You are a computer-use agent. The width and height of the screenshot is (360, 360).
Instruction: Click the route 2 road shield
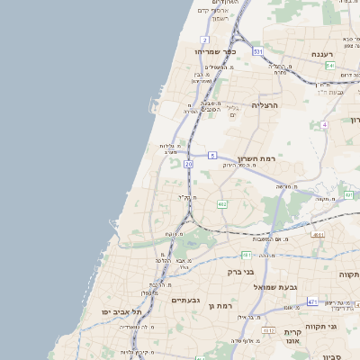coord(205,40)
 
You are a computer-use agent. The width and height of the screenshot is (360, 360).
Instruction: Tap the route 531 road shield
coord(258,51)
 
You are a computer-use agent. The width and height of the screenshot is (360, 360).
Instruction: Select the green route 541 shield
coord(330,66)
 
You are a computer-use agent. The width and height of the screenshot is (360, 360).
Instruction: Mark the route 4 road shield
coord(324,124)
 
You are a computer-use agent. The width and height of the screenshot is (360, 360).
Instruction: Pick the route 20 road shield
coord(188,165)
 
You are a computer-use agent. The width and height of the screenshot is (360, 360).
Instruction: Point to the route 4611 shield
coord(318,235)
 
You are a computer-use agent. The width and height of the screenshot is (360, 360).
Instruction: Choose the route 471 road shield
coord(312,301)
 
